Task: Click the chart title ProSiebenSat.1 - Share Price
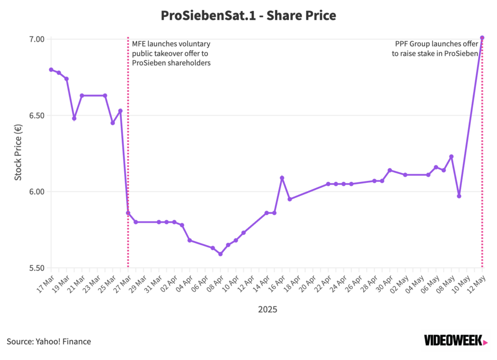pyautogui.click(x=248, y=16)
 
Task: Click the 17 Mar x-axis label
pyautogui.click(x=45, y=284)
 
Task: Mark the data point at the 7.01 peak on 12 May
pyautogui.click(x=482, y=37)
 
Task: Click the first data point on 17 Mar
pyautogui.click(x=51, y=69)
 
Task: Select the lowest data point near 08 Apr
pyautogui.click(x=220, y=254)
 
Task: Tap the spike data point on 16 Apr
pyautogui.click(x=282, y=178)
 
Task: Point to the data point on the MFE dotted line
pyautogui.click(x=128, y=213)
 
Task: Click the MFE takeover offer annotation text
pyautogui.click(x=171, y=53)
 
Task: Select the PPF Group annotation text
pyautogui.click(x=435, y=49)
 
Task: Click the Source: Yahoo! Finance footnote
pyautogui.click(x=49, y=341)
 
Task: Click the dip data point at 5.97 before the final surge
pyautogui.click(x=459, y=196)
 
